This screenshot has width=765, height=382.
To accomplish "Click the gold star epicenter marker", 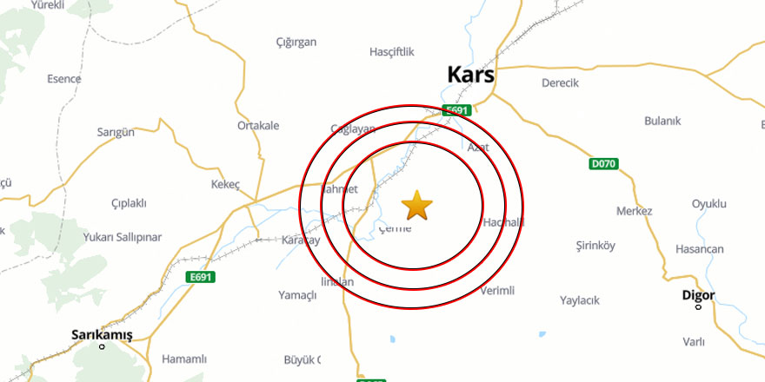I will pos(417,206).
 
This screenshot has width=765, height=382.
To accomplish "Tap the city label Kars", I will pos(470,75).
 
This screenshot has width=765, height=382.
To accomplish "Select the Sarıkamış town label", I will pos(103,334).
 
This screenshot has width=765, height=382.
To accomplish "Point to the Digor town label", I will pos(698,295).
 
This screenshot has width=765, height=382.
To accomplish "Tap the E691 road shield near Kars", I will pos(456,110).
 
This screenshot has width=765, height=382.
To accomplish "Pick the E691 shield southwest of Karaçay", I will pos(200,277).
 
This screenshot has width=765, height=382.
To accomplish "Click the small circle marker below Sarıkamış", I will pos(102,347).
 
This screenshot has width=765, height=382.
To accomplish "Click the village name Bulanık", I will pos(662,121).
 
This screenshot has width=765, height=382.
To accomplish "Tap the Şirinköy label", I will pos(595,246).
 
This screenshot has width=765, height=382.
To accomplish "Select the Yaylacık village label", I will pos(580,300).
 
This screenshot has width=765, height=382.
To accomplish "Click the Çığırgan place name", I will pos(296,42).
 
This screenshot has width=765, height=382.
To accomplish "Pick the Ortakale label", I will pos(258,125).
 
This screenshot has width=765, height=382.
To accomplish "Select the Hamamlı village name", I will pos(184,359).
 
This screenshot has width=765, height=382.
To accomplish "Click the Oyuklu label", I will pos(708,204).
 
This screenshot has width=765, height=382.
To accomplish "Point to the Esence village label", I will pos(63,79).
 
